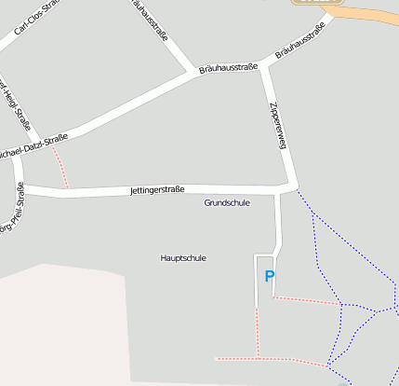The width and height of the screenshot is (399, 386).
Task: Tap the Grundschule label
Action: point(227,202)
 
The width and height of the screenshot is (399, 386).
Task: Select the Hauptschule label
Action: point(183,258)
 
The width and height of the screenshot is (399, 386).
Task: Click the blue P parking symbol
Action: point(270,276)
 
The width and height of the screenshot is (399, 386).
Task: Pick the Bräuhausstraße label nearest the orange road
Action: point(299,46)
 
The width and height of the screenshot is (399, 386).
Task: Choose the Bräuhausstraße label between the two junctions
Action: point(229,68)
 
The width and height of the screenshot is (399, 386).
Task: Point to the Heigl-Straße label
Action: point(17,103)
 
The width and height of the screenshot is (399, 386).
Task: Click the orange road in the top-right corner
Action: point(372,16)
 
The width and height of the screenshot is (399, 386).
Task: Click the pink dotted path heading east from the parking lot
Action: point(307,299)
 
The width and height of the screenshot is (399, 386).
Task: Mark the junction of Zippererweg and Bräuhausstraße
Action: point(268,65)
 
